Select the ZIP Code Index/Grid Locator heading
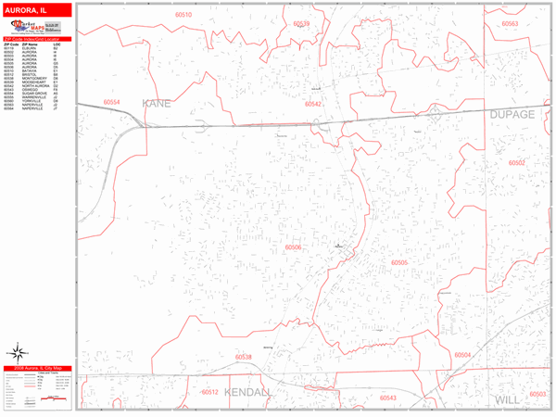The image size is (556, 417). [37, 39]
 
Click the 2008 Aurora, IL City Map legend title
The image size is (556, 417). [37, 369]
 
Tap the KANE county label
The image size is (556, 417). [157, 103]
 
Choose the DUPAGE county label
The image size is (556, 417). [512, 114]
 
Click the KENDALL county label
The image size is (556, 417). [248, 392]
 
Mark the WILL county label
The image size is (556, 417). [508, 399]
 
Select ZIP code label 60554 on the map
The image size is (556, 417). [112, 101]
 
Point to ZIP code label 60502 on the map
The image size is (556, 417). [516, 162]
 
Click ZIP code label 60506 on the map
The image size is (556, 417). [294, 247]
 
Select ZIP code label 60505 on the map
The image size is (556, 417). [399, 263]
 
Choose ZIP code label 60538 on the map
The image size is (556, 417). [243, 357]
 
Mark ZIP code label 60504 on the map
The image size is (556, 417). [462, 355]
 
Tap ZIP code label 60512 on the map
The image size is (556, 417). [209, 392]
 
